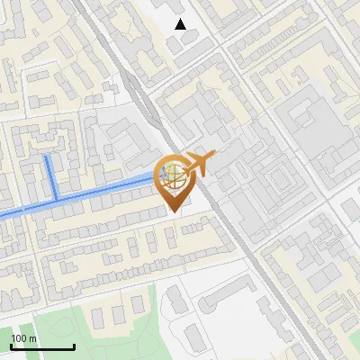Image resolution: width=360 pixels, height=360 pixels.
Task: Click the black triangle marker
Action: click(x=181, y=24)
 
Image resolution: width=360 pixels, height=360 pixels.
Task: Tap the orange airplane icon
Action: click(x=197, y=164)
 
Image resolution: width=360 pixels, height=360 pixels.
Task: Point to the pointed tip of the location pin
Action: click(x=173, y=211)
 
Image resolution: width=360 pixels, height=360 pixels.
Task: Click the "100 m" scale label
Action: click(x=24, y=338)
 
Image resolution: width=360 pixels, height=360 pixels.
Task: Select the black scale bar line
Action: click(x=42, y=346)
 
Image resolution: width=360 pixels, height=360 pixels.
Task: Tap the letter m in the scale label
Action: click(x=33, y=338)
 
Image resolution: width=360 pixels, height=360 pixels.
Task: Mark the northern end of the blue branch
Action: click(x=48, y=157)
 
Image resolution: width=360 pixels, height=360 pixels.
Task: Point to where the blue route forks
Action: click(x=57, y=197)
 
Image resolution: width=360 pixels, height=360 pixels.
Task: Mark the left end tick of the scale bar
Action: click(x=11, y=346)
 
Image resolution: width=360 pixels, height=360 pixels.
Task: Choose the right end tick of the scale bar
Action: click(x=74, y=346)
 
